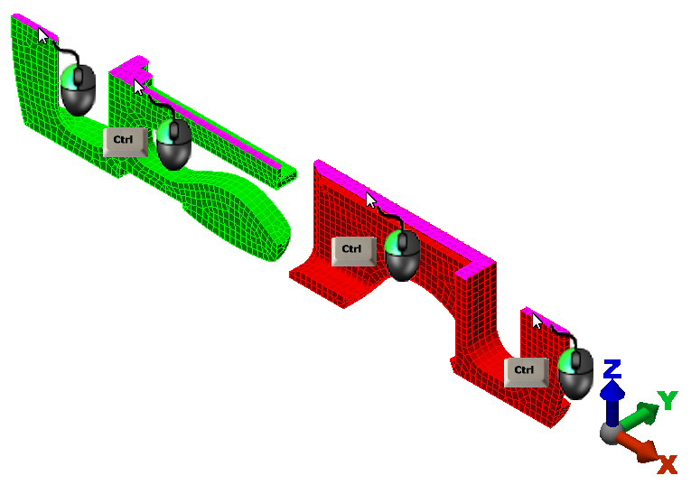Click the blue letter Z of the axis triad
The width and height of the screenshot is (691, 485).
click(612, 369)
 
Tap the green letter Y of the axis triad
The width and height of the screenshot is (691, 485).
click(668, 400)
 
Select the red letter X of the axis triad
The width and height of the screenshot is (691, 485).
click(668, 464)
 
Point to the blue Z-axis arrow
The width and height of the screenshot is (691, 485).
click(612, 403)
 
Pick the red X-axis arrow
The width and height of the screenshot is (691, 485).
click(637, 446)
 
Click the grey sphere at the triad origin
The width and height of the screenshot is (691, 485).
click(612, 433)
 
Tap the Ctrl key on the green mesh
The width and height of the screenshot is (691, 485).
click(126, 142)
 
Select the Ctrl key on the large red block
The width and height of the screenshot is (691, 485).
click(354, 251)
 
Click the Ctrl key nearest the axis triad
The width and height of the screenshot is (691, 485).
click(527, 372)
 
